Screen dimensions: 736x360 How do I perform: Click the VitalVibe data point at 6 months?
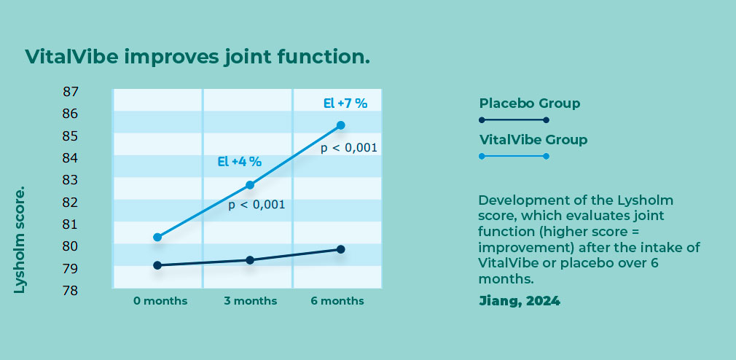click(341, 125)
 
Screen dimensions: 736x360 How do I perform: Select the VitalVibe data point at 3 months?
click(250, 185)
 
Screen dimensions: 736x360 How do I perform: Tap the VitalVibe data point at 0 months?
click(157, 237)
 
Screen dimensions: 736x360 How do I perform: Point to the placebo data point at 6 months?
click(341, 249)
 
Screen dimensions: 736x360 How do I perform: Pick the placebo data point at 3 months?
click(250, 260)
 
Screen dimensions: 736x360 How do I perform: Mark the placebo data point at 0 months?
click(157, 265)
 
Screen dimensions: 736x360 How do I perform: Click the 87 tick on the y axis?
click(71, 92)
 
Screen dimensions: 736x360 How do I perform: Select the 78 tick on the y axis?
click(71, 291)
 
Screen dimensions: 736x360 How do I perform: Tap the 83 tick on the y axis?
click(71, 180)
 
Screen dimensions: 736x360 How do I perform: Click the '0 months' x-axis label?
click(160, 301)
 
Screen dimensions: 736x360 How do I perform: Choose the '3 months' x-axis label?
click(250, 301)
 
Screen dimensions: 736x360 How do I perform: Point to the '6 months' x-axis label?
click(337, 301)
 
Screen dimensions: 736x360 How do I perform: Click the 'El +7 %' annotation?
click(345, 103)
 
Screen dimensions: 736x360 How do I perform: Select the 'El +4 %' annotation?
click(240, 162)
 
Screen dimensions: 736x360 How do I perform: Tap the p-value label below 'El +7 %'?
click(349, 149)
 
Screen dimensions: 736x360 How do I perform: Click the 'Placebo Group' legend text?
click(530, 103)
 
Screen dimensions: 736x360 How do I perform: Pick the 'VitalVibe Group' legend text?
click(533, 140)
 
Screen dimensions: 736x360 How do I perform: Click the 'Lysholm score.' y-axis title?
click(19, 240)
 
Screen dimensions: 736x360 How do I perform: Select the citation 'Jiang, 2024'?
click(519, 301)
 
